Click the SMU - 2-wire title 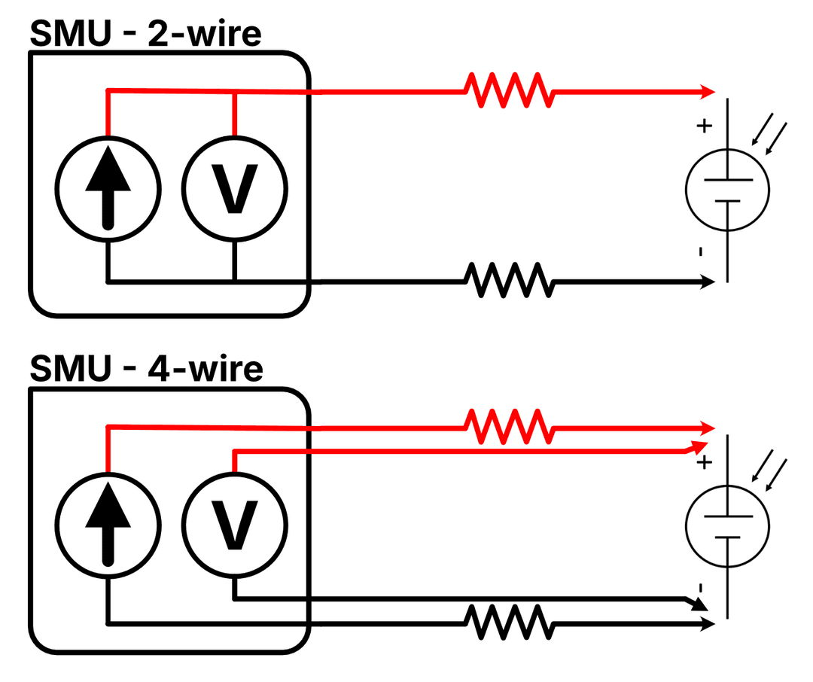coord(145,34)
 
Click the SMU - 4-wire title coord(146,369)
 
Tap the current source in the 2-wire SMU coord(108,188)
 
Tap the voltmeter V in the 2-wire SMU coord(235,188)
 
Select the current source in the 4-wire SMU coord(108,525)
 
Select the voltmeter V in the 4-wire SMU coord(235,525)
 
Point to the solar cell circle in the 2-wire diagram coord(727,190)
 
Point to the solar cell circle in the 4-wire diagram coord(727,526)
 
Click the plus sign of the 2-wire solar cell coord(704,126)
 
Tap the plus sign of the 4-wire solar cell coord(704,462)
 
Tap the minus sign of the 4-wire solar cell coord(701,587)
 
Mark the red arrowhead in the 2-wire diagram coord(708,92)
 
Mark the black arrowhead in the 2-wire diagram coord(708,282)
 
